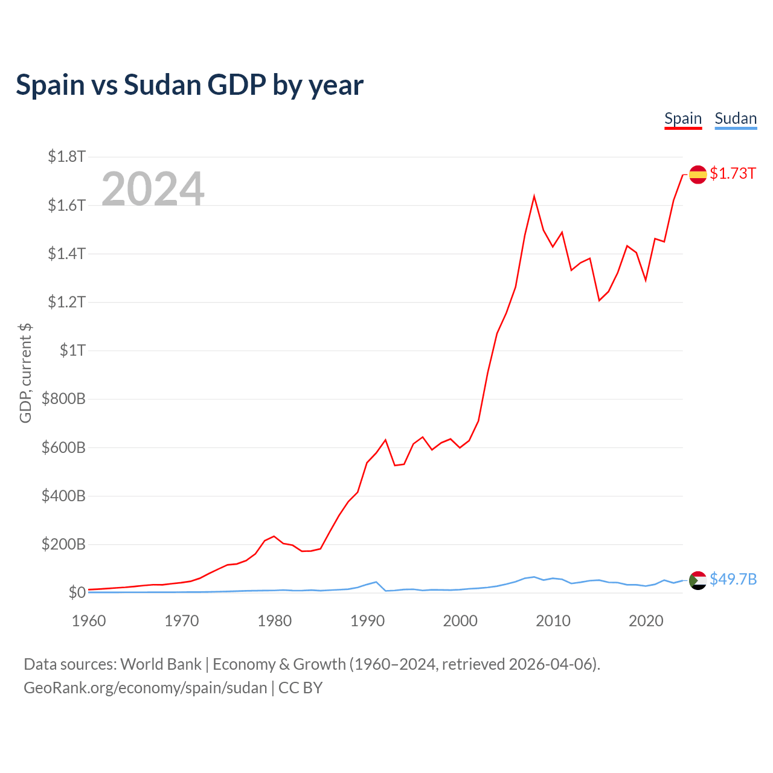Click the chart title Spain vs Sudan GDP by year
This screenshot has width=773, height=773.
[x=190, y=85]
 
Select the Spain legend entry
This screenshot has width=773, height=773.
[x=683, y=118]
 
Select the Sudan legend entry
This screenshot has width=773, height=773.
[x=736, y=118]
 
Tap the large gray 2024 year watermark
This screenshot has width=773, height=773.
[x=153, y=189]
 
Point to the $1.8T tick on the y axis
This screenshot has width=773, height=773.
[x=67, y=157]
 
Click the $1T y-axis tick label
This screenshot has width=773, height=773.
[x=72, y=350]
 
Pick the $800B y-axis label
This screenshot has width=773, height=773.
[x=63, y=399]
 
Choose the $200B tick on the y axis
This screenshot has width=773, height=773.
[x=63, y=544]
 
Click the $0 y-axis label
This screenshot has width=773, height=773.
[x=77, y=592]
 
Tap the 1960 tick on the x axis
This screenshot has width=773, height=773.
[x=89, y=621]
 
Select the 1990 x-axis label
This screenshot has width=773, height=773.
[x=367, y=621]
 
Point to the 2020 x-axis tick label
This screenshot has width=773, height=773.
[x=646, y=621]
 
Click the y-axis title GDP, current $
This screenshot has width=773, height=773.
[x=25, y=373]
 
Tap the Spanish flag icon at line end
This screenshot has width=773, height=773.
[x=698, y=174]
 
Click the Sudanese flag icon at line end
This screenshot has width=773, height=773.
[x=698, y=580]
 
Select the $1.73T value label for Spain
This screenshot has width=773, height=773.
[x=733, y=174]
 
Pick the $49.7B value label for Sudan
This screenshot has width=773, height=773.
[x=733, y=580]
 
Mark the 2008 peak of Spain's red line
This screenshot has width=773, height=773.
[x=534, y=196]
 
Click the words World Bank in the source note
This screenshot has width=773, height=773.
[x=161, y=664]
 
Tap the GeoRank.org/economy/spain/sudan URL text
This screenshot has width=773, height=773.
[x=145, y=688]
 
